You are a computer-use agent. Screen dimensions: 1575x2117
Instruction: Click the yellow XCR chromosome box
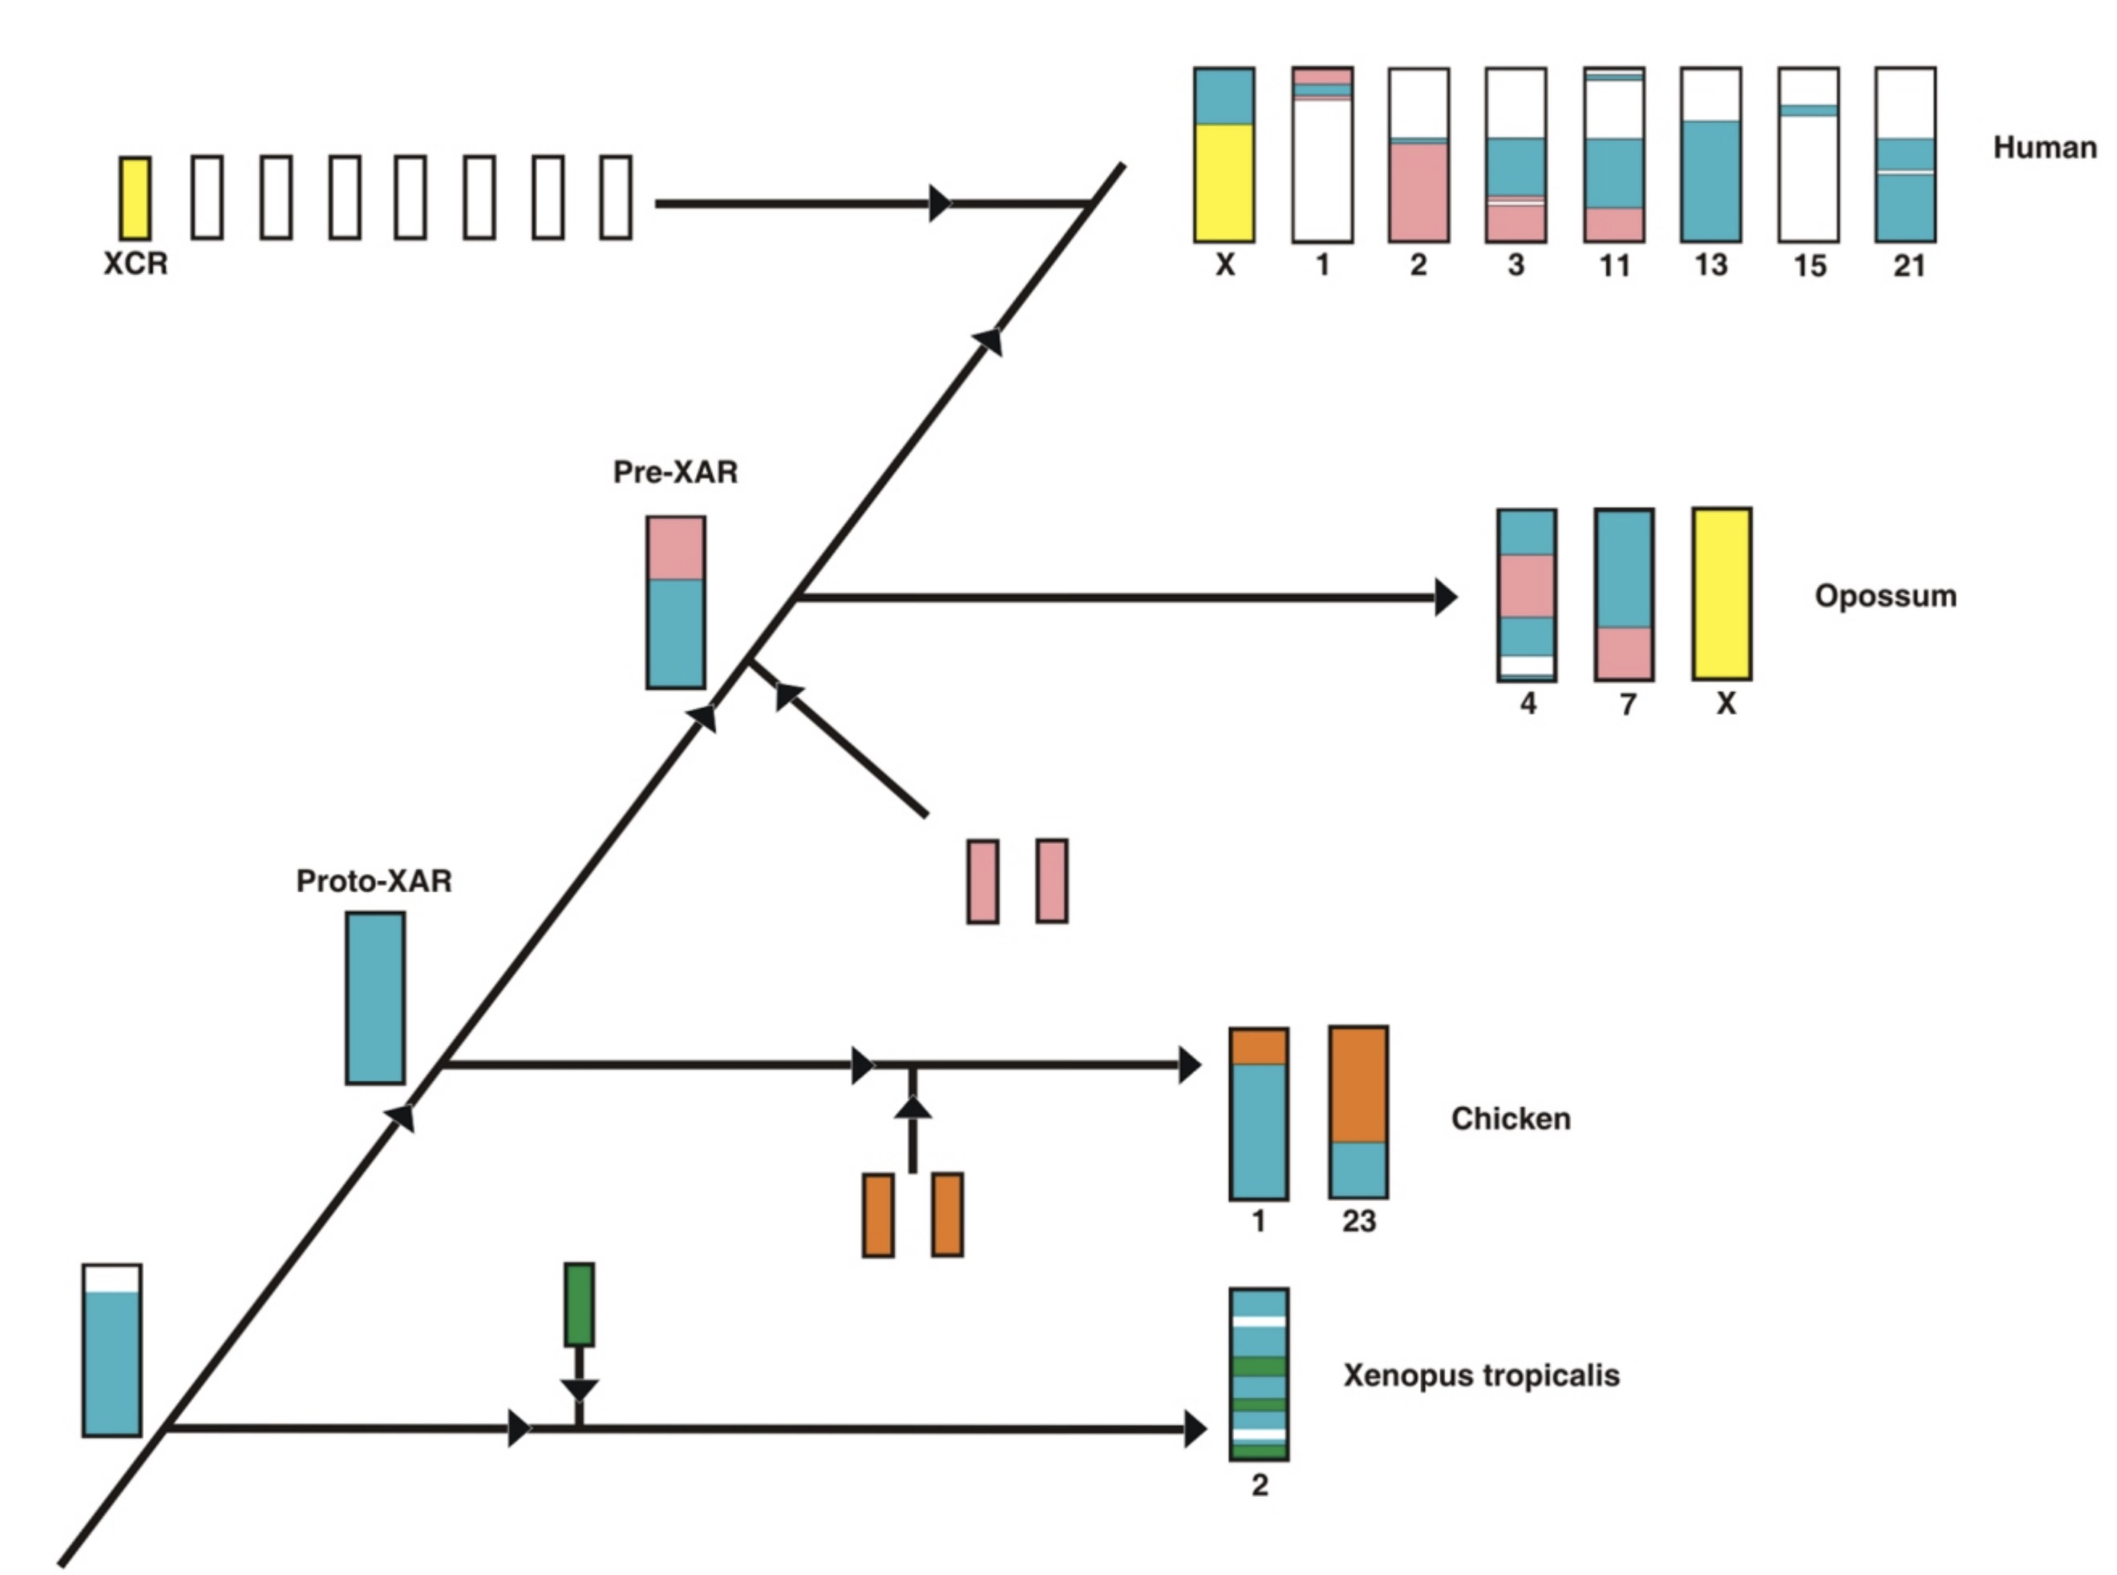pos(134,198)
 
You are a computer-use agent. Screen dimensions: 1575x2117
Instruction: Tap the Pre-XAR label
pos(675,472)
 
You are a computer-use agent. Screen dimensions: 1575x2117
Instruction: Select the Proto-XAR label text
pos(374,881)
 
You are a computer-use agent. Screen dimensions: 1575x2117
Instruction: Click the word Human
pos(2044,148)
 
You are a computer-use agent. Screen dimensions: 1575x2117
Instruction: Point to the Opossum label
pos(1884,596)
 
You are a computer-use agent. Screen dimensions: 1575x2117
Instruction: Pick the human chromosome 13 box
pos(1711,155)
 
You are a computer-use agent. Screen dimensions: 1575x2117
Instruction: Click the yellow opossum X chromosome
pos(1722,594)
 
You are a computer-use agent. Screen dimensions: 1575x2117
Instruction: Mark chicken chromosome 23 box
pos(1358,1112)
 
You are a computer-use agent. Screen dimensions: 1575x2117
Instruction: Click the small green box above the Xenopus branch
pos(578,1304)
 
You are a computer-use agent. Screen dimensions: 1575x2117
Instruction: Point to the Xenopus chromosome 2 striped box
pos(1258,1375)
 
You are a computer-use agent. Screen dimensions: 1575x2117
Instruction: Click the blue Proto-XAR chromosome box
pos(375,998)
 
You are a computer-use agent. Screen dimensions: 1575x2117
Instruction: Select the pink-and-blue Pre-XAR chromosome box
pos(675,603)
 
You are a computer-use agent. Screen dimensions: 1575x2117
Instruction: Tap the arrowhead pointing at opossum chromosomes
pos(1445,598)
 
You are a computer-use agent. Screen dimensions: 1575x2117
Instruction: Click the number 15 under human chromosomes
pos(1809,266)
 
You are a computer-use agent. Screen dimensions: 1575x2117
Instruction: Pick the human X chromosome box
pos(1224,155)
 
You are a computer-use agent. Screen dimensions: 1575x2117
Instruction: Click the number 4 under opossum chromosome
pos(1528,705)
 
